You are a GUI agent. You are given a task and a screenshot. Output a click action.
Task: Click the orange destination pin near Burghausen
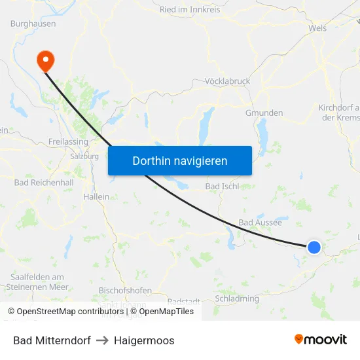(x=46, y=60)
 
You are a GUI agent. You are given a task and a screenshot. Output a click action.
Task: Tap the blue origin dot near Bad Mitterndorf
(x=314, y=247)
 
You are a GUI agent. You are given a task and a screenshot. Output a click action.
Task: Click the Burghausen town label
(x=33, y=24)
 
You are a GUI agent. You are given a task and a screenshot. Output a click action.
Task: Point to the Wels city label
(x=317, y=28)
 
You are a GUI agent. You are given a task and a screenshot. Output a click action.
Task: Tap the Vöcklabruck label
(x=228, y=81)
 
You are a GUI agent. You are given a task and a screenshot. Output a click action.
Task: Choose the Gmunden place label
(x=264, y=113)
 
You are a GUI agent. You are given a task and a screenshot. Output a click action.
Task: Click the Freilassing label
(x=69, y=141)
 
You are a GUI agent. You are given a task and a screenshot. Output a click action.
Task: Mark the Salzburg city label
(x=84, y=156)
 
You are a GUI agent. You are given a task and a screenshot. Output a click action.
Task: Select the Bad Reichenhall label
(x=39, y=182)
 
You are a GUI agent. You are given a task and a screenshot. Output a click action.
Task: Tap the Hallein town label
(x=96, y=196)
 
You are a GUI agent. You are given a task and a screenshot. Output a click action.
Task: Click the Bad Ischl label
(x=222, y=187)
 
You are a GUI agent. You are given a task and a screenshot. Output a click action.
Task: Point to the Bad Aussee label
(x=260, y=223)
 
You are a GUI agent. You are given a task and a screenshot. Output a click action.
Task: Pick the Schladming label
(x=237, y=298)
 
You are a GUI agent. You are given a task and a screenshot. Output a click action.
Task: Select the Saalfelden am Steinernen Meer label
(x=37, y=281)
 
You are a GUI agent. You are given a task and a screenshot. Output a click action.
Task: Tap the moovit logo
(x=321, y=339)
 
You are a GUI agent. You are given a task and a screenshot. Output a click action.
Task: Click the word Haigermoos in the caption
(x=144, y=340)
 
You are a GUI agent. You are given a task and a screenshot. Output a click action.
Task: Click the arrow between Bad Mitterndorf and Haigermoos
(x=102, y=340)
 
